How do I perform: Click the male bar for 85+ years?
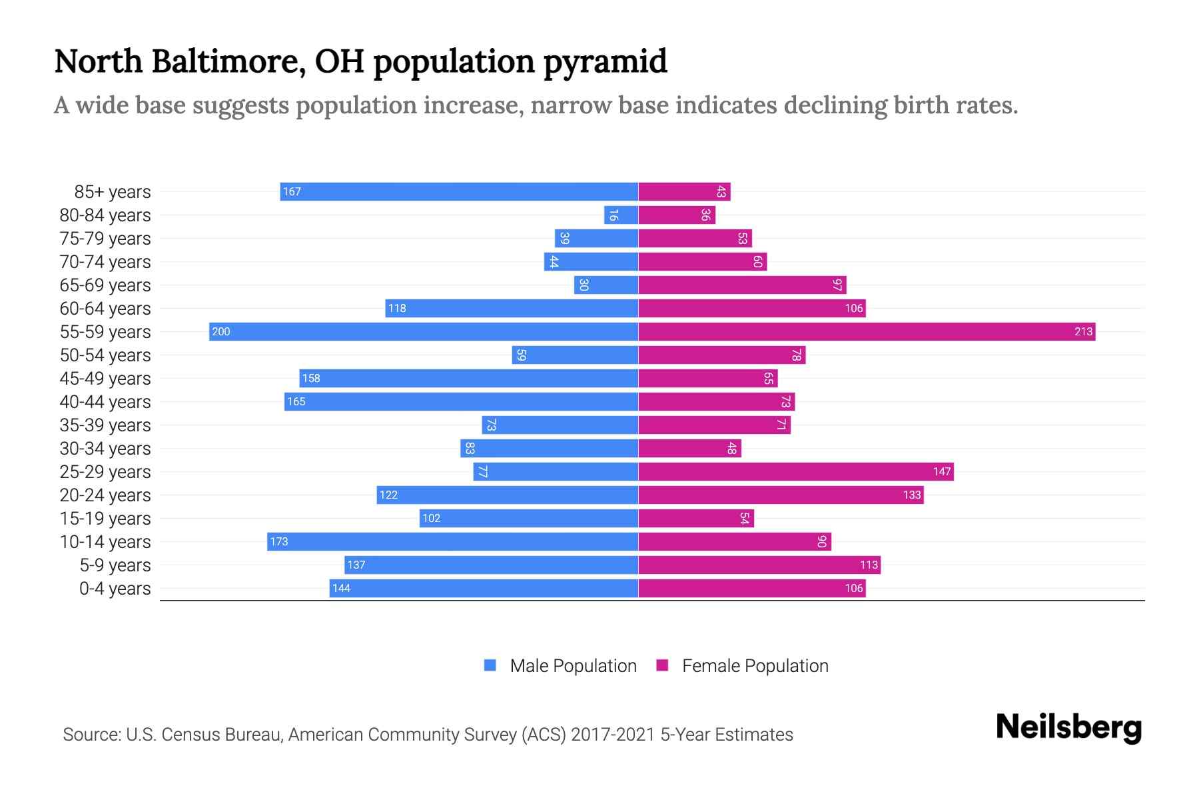click(459, 192)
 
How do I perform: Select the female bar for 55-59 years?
click(866, 332)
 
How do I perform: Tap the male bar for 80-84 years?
click(621, 215)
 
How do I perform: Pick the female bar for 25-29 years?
click(795, 472)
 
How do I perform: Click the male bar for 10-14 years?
click(452, 542)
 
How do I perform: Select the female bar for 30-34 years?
click(689, 449)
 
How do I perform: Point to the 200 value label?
click(220, 332)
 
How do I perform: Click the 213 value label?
click(1083, 332)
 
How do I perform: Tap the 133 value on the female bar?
click(912, 495)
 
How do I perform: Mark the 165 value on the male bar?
click(296, 402)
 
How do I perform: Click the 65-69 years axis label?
click(105, 285)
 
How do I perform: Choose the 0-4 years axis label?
click(115, 589)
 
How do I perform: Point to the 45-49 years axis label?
click(105, 379)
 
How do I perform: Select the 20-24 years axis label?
click(105, 495)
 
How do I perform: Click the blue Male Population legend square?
click(490, 665)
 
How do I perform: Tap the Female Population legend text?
click(755, 666)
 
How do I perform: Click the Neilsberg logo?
click(1068, 727)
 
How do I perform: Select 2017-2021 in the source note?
click(613, 735)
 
